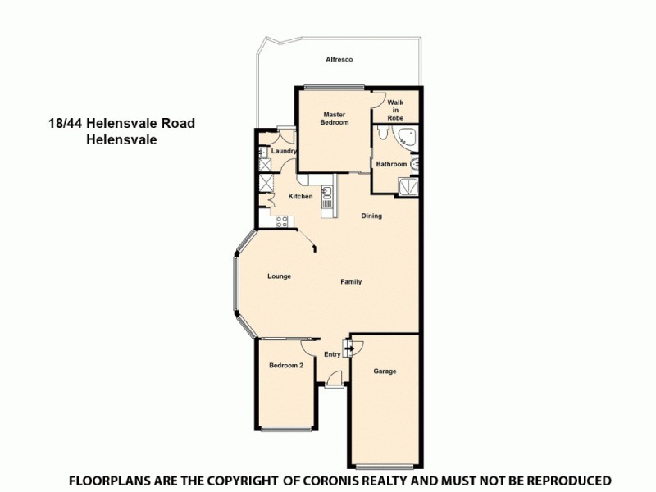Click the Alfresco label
click(x=339, y=61)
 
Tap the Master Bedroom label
click(x=335, y=118)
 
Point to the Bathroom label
click(x=391, y=164)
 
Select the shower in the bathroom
click(x=408, y=187)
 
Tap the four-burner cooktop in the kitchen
click(x=281, y=220)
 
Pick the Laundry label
click(x=284, y=152)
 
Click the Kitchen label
click(x=300, y=197)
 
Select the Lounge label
click(x=279, y=276)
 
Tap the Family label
click(x=351, y=282)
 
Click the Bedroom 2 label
click(x=287, y=366)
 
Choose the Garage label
click(x=385, y=371)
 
